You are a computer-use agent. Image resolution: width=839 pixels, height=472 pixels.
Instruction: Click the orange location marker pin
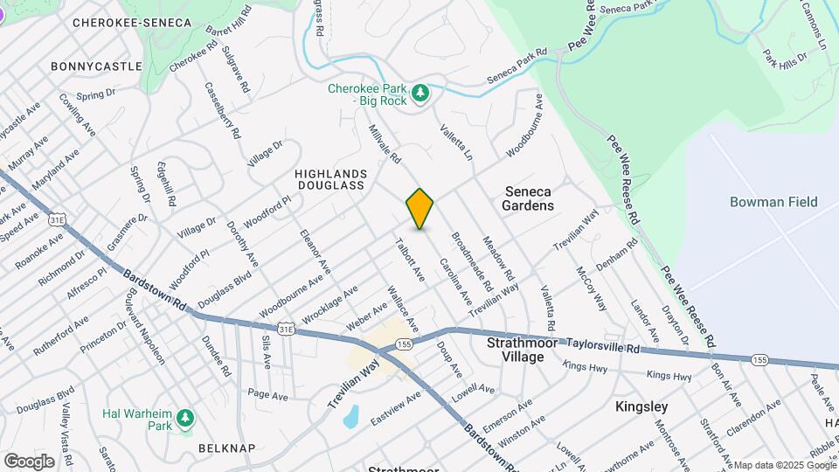420,208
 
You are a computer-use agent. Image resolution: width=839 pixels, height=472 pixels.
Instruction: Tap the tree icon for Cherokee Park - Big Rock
421,93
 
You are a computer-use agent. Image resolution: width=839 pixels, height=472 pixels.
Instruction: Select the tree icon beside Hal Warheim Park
185,419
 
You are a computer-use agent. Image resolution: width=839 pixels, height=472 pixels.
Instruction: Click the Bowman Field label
773,202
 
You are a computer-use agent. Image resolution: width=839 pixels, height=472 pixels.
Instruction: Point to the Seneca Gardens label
528,198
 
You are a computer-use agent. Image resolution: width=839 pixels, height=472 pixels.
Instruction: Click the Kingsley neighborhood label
641,406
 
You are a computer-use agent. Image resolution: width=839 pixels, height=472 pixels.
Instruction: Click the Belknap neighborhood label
226,448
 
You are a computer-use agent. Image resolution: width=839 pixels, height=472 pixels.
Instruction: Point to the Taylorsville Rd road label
603,346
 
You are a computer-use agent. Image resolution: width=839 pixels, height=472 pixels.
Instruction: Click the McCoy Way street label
591,288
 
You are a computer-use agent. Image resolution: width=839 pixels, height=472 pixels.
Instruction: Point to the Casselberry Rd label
222,112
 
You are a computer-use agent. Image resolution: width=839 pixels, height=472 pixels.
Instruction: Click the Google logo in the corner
29,461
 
